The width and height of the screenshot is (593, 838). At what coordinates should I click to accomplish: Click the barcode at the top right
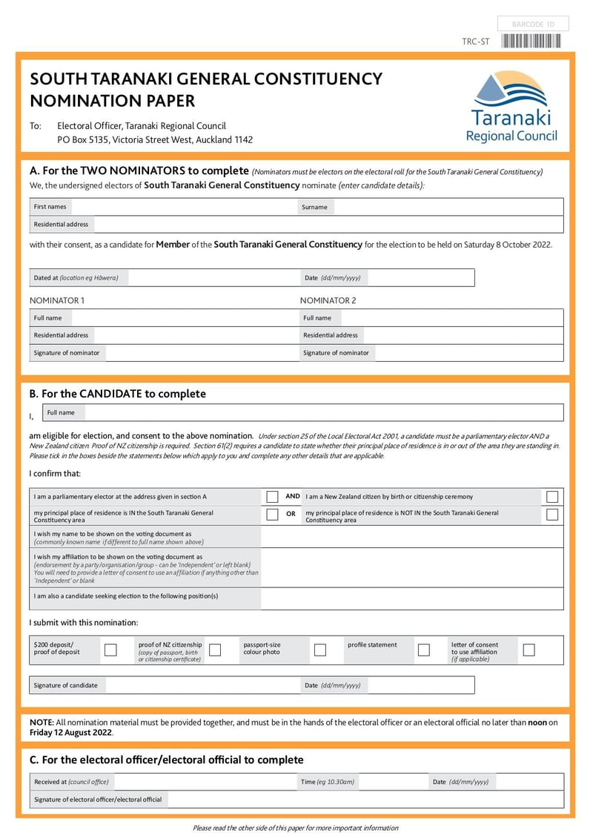[x=531, y=42]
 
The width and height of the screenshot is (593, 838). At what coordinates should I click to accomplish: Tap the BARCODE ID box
[x=532, y=24]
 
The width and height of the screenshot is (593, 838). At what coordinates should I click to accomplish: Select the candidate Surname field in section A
[x=448, y=207]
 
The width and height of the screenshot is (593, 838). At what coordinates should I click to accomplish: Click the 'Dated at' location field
[x=211, y=278]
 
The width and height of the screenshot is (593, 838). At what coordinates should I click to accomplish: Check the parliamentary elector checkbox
[x=272, y=497]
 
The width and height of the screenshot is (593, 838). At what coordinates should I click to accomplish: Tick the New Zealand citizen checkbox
[x=552, y=497]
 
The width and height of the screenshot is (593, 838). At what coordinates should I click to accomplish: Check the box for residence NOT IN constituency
[x=552, y=515]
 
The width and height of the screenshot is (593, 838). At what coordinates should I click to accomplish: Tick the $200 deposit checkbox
[x=110, y=650]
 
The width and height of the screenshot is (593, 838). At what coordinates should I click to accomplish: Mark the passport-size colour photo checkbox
[x=320, y=650]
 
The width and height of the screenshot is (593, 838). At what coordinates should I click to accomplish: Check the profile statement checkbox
[x=424, y=650]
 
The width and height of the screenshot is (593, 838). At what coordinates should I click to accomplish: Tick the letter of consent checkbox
[x=529, y=650]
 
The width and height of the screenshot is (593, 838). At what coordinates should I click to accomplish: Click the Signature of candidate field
[x=200, y=685]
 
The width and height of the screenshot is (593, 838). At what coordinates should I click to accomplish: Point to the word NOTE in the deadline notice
[x=41, y=722]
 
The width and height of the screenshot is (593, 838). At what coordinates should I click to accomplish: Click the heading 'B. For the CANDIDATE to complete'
[x=117, y=394]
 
